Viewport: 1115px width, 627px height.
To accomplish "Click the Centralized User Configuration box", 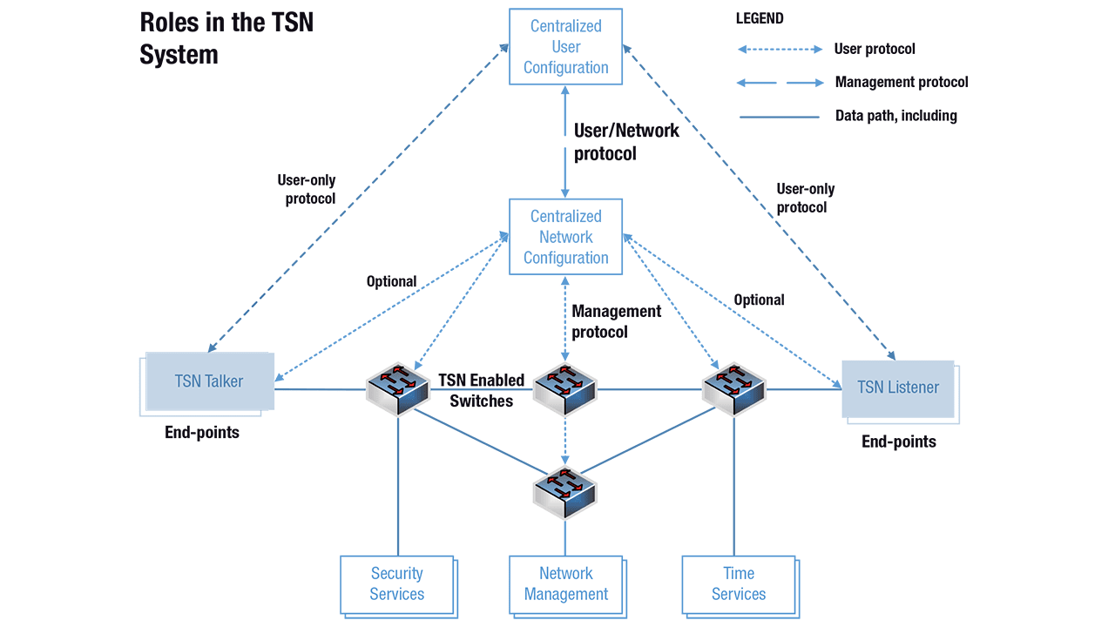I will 565,47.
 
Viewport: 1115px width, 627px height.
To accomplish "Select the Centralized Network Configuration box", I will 565,237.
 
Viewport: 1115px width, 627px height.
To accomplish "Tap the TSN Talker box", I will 208,381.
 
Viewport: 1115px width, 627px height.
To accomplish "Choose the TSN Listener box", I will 897,388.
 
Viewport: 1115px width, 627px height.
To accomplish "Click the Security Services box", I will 396,584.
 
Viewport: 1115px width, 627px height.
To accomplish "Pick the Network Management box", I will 565,584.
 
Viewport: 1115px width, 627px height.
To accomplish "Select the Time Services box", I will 738,584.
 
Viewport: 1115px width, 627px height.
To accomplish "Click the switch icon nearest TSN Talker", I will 398,388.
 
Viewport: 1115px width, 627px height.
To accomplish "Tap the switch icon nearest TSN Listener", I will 733,388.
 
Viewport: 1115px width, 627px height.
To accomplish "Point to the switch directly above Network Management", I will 564,490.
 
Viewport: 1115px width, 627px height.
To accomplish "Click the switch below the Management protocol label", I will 564,388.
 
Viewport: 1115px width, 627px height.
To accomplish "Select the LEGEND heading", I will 760,18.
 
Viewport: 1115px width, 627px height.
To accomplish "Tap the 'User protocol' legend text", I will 875,49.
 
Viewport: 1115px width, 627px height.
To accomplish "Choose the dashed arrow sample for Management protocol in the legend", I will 780,83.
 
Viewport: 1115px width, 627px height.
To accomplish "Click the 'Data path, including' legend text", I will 895,116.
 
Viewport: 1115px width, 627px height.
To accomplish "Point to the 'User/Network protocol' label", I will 625,142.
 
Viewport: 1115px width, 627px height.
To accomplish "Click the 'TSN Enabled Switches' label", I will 481,390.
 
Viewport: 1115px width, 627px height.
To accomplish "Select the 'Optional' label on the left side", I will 391,281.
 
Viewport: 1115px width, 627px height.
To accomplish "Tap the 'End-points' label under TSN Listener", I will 898,442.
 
